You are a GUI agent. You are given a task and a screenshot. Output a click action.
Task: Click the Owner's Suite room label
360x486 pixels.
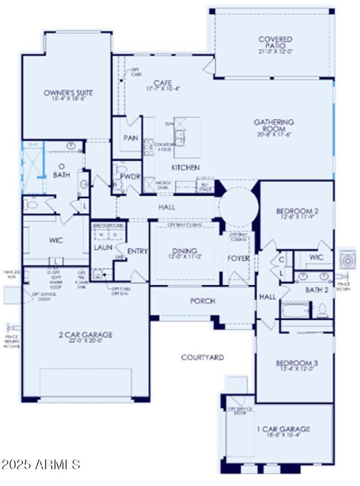[x=68, y=93]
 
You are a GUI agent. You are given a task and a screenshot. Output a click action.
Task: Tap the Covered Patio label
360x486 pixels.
[x=275, y=42]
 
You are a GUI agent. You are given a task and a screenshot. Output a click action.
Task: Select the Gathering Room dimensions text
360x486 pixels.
[x=274, y=134]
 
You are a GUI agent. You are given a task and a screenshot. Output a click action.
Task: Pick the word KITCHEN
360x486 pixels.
[x=185, y=168]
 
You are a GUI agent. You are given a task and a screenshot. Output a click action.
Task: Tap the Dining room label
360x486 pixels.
[x=185, y=251]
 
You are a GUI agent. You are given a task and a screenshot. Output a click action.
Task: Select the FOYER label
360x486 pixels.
[x=239, y=258]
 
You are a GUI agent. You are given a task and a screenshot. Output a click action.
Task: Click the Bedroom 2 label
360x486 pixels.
[x=297, y=211]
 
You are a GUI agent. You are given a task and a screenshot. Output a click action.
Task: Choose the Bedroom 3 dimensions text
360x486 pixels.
[x=294, y=369]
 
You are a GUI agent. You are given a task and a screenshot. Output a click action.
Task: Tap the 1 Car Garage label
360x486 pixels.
[x=284, y=429]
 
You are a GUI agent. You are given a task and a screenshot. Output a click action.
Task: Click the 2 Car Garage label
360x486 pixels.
[x=85, y=334]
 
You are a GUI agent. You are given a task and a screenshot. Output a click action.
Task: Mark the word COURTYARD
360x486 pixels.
[x=202, y=358]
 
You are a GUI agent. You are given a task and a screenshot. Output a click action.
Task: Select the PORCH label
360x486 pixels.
[x=202, y=301]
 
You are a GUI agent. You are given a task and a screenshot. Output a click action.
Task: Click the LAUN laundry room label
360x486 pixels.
[x=103, y=248]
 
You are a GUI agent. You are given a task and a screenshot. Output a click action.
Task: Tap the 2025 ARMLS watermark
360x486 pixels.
[x=41, y=464]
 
